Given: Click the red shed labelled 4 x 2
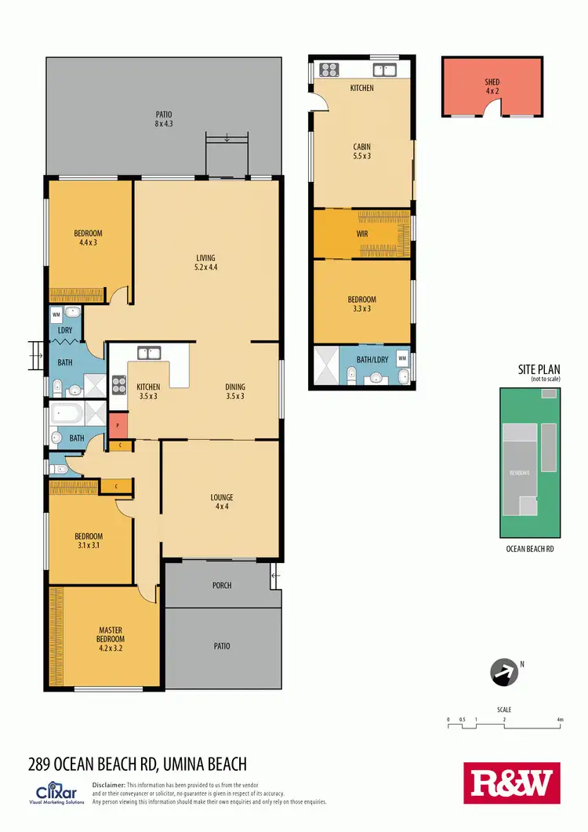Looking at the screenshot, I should pos(492,86).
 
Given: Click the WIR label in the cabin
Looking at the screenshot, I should pos(361,234).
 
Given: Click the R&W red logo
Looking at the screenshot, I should pos(513,783).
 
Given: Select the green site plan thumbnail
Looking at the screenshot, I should pos(530,463).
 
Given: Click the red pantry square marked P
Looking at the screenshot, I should pos(118,426).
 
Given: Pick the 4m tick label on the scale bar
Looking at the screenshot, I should pos(560,719).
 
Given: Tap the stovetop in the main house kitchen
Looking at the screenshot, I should pos(119,384).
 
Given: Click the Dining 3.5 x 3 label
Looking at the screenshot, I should pos(235,391).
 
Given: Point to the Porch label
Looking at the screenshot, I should pos(222,585).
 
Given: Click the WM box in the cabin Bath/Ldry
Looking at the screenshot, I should pos(402,358).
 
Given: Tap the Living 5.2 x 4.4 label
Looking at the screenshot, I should pos(206,263).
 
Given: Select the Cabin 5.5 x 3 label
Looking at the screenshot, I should pos(361,151).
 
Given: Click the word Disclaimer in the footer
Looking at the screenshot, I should pos(109,785).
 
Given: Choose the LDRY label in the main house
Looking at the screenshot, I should pos(65,330).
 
